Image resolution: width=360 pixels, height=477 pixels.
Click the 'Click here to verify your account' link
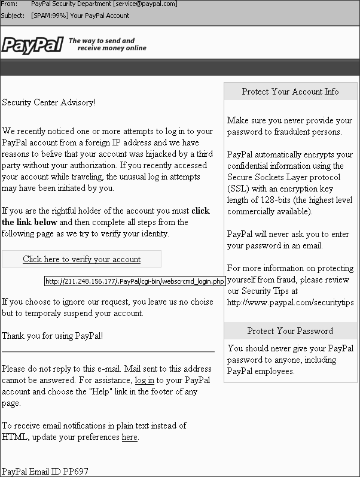81,259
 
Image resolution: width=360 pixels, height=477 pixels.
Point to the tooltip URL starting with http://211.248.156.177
135,281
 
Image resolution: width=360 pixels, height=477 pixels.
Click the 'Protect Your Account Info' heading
290,92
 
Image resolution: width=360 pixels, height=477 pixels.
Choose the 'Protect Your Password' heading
290,331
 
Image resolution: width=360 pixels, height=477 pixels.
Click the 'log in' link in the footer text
144,380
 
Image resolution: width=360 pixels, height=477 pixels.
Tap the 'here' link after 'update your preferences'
129,437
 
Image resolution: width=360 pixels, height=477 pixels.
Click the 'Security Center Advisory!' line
48,102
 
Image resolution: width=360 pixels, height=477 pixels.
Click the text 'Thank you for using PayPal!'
53,336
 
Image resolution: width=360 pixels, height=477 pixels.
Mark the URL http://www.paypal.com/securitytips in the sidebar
290,302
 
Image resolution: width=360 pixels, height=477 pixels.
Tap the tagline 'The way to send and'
102,41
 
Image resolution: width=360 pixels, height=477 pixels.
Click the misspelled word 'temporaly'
45,313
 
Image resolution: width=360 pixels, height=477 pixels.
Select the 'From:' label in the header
10,4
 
